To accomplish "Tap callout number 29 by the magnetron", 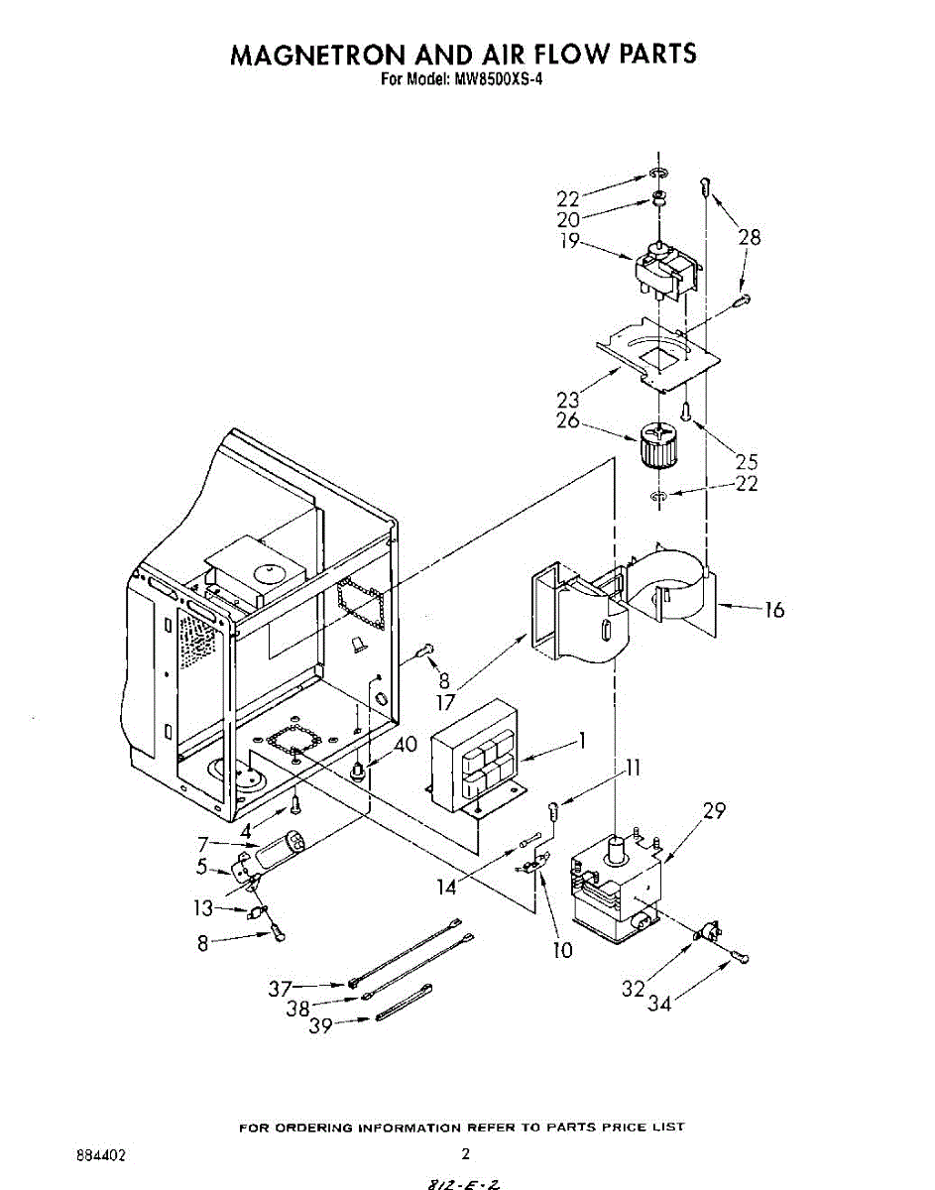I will [x=714, y=811].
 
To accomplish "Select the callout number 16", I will [x=773, y=610].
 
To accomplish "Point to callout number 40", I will [x=406, y=744].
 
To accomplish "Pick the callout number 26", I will [x=567, y=420].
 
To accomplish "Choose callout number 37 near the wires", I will [x=281, y=988].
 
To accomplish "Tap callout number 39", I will [x=319, y=1027].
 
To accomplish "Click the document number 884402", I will [x=100, y=1155].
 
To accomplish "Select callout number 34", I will [x=659, y=1005].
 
